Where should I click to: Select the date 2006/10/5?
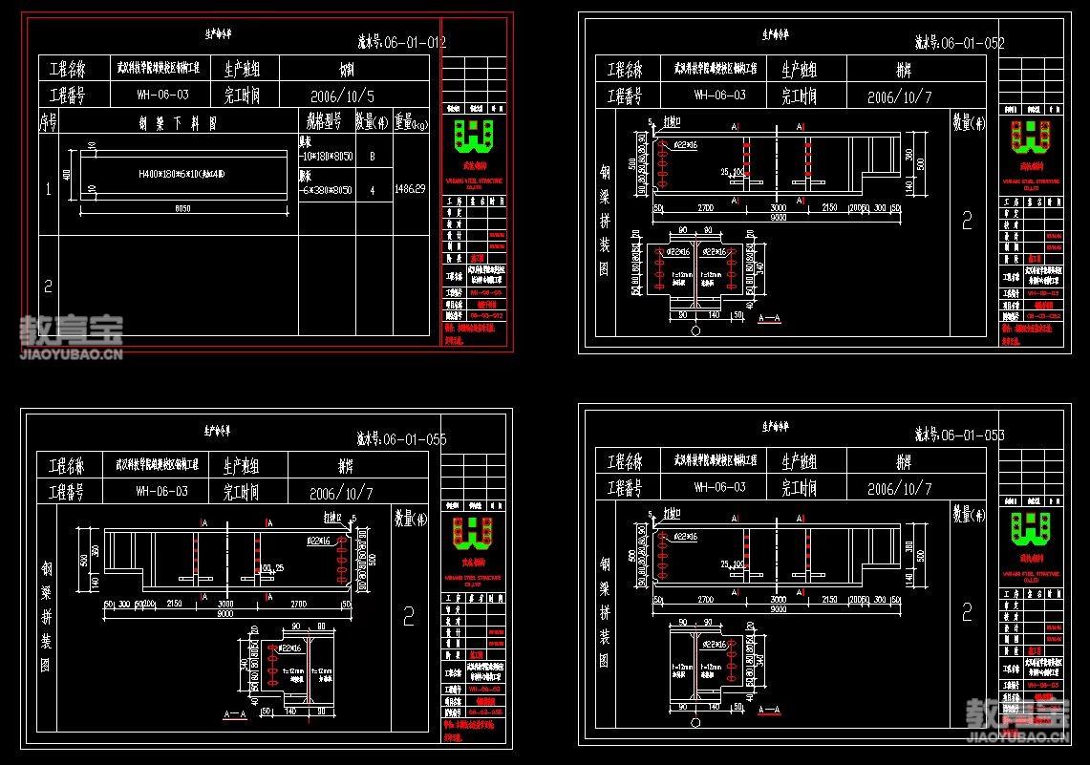coord(343,96)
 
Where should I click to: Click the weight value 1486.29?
coord(411,190)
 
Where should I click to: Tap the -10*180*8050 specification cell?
coord(326,156)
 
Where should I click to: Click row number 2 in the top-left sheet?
coord(48,285)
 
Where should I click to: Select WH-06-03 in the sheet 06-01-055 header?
coord(162,492)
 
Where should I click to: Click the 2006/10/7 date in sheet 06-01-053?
coord(899,488)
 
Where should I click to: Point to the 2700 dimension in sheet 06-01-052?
coord(704,207)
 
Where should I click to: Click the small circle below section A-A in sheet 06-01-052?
coord(695,330)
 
